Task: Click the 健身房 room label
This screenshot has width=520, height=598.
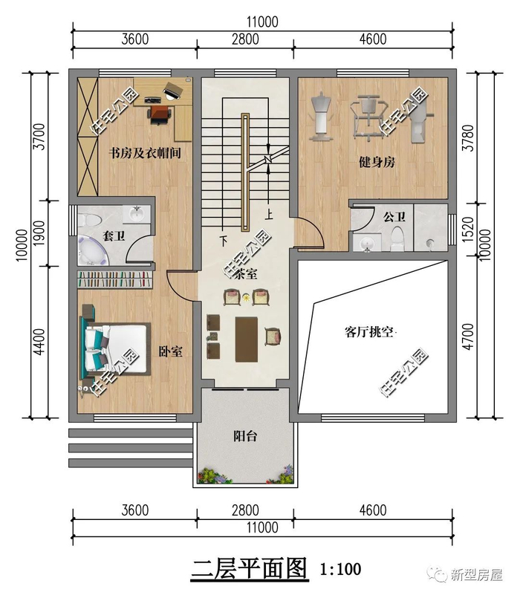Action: [x=377, y=163]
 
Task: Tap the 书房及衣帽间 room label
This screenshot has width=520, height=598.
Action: [x=145, y=153]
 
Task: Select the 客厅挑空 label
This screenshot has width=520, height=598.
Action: [x=369, y=332]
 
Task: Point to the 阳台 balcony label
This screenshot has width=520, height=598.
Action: [x=245, y=435]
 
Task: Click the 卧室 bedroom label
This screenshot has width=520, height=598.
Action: [x=170, y=351]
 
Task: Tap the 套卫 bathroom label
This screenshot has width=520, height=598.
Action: [x=114, y=236]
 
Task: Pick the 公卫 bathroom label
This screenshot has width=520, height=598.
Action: [x=394, y=217]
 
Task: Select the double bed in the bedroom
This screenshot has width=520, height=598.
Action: [x=114, y=349]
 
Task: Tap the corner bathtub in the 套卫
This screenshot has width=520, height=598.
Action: [x=91, y=251]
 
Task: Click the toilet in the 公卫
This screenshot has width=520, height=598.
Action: [x=397, y=238]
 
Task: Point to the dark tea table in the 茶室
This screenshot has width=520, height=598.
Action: [x=247, y=339]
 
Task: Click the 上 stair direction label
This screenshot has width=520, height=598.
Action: [x=269, y=215]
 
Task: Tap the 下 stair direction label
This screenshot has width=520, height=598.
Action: [x=224, y=241]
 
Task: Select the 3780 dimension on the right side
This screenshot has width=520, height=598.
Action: [x=468, y=138]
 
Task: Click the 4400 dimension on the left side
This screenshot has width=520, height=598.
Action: [x=39, y=342]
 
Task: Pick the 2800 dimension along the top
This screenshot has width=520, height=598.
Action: [x=245, y=39]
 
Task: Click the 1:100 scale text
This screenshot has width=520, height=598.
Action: [x=341, y=569]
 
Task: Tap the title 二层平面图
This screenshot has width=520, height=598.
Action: [x=249, y=568]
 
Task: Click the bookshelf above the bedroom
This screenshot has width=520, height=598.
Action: [x=115, y=279]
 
